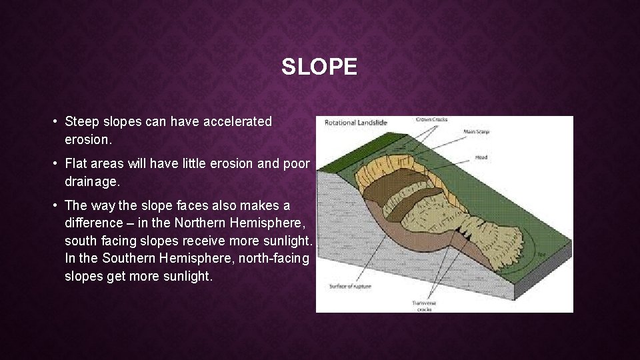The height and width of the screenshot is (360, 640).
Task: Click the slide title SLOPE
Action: pos(319,67)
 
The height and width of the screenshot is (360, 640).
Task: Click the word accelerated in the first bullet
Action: pos(237,122)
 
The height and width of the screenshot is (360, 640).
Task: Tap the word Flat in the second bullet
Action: pos(77,164)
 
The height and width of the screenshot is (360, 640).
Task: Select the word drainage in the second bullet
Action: pos(90,181)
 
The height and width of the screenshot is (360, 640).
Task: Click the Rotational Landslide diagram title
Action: pos(356,123)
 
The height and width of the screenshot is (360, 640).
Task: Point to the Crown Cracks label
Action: pos(431,120)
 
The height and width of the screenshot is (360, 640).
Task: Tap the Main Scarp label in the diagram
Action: pos(476,132)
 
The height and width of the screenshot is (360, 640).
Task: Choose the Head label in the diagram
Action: pos(481,158)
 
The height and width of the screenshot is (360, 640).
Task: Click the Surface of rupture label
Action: pos(350,287)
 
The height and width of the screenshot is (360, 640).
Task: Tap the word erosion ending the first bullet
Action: pos(87,140)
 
